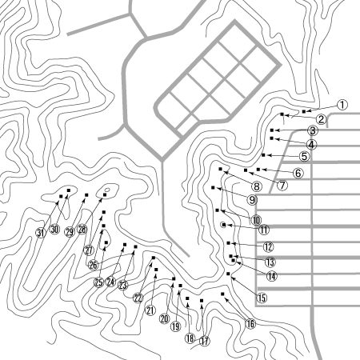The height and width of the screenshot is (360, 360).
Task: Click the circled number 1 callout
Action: point(342,105)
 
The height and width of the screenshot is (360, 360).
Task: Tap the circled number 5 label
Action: point(305,156)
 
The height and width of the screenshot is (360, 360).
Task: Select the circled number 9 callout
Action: point(252,199)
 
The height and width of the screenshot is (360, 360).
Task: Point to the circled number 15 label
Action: point(262,298)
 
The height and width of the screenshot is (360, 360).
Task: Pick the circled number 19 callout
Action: point(176,326)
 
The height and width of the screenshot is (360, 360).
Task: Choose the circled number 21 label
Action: point(150,310)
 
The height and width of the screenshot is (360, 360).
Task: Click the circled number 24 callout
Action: point(110,282)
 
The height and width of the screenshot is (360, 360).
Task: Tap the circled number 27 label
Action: point(89,250)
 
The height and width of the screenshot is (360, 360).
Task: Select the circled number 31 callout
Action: point(41,233)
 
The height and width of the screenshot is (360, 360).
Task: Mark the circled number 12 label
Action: point(268,247)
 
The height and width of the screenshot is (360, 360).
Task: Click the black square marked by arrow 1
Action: point(304,111)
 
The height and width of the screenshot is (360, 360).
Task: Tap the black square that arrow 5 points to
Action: point(263,155)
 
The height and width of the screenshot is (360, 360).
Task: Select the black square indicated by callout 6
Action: point(258,170)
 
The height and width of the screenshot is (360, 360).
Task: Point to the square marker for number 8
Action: point(220,169)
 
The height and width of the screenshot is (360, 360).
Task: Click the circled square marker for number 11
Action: point(224,225)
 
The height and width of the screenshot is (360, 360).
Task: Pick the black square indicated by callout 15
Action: point(228,274)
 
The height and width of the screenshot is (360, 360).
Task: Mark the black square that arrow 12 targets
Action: point(229,243)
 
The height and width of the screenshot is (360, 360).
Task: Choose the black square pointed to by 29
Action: point(86,195)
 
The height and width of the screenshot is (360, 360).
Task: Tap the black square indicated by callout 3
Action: point(272,130)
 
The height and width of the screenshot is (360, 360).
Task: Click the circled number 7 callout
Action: point(282,185)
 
